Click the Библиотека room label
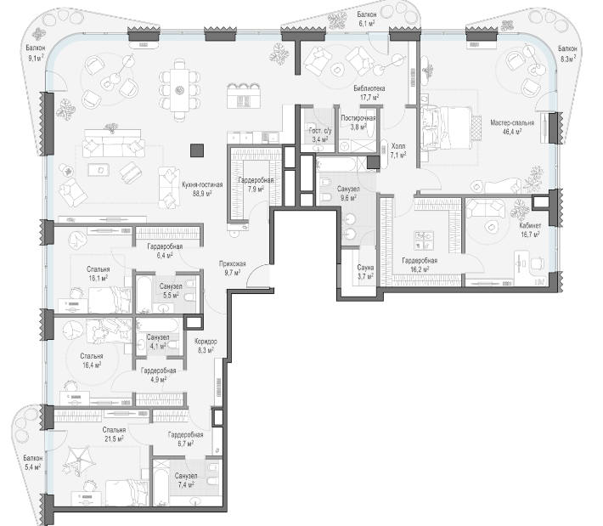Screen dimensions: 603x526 tap(369, 88)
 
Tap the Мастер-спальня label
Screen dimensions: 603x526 tap(512, 123)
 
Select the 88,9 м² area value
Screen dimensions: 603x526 tap(202, 194)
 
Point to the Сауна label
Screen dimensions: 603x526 tap(365, 268)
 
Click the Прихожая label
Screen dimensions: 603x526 tap(232, 264)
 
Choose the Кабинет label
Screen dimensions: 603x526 tap(530, 226)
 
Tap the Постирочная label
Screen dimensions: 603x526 tap(358, 118)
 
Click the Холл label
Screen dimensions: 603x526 tap(398, 147)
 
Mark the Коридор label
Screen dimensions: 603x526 tap(206, 342)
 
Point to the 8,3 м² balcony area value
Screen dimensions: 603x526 tap(568, 59)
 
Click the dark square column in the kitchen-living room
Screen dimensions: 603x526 tap(197, 150)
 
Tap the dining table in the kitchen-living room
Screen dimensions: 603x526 tap(179, 90)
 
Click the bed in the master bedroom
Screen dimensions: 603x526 tap(447, 128)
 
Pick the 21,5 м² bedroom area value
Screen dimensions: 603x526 tap(114, 438)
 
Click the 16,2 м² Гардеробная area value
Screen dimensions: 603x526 tap(420, 269)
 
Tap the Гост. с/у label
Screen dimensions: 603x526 tap(320, 131)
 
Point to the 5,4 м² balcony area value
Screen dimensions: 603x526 tap(32, 467)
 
